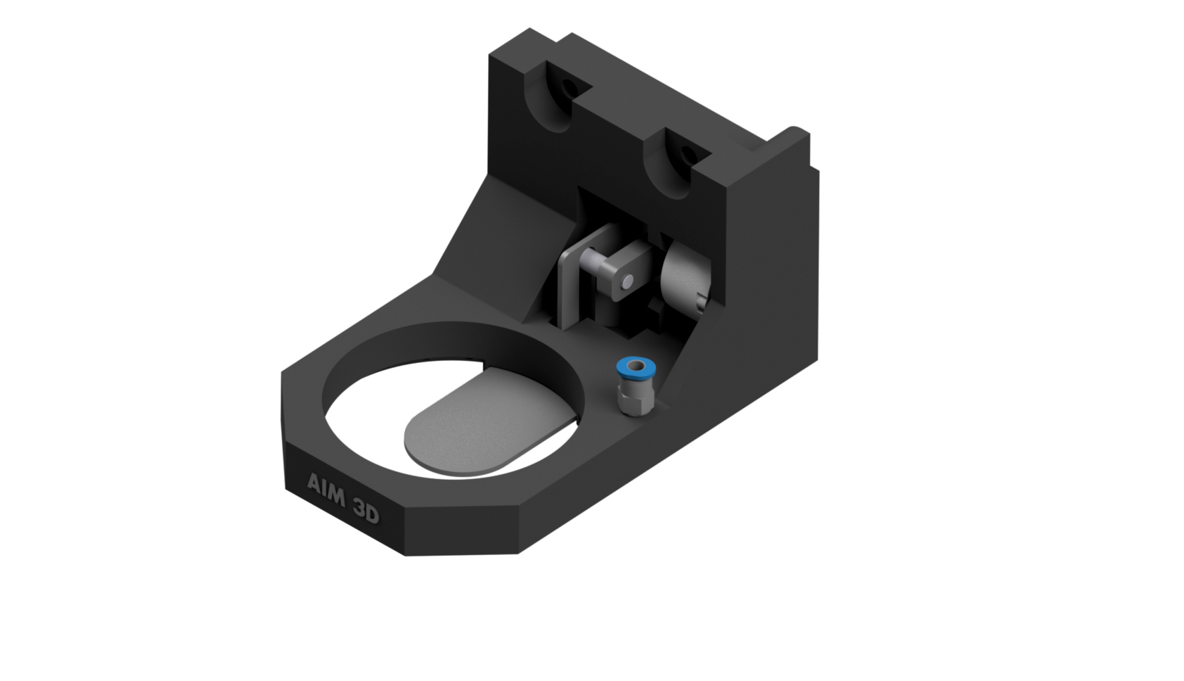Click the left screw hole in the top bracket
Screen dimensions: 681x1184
coord(566,89)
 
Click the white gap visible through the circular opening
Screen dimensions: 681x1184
coord(366,422)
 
